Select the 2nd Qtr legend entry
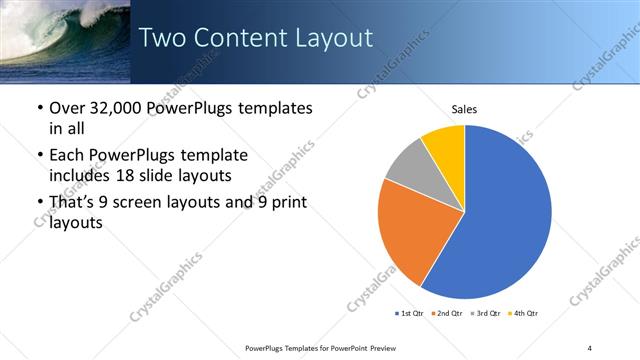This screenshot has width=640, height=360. click(446, 314)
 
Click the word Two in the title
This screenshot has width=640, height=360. click(160, 38)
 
